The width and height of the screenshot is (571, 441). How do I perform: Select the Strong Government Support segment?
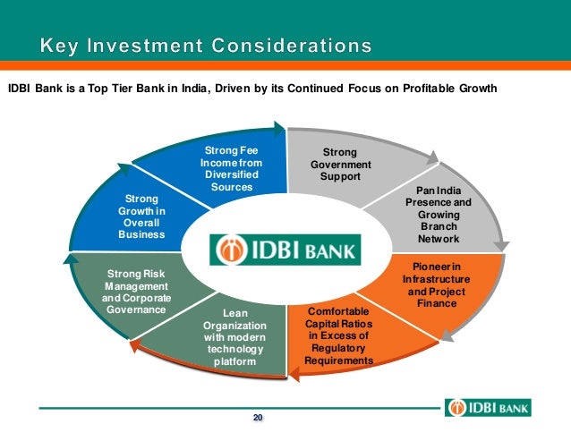[x=339, y=165]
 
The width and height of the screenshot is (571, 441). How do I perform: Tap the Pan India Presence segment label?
[x=438, y=215]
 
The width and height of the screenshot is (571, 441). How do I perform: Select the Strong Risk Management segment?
[x=137, y=292]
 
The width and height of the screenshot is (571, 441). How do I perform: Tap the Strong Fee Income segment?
[x=232, y=169]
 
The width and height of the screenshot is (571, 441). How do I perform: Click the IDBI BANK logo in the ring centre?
[x=285, y=249]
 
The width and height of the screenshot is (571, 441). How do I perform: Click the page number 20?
[x=258, y=418]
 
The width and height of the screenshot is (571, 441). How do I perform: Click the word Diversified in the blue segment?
[x=232, y=175]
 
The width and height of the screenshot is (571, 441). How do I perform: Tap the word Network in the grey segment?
[x=438, y=239]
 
